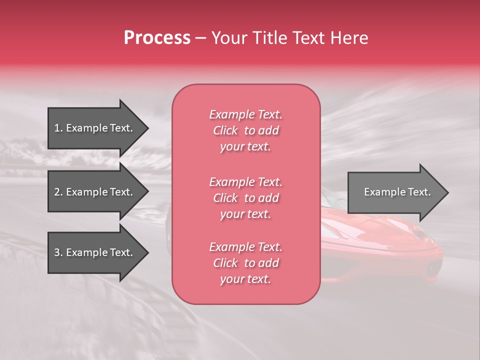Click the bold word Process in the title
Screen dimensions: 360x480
click(x=157, y=38)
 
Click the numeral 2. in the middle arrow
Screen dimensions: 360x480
click(x=58, y=192)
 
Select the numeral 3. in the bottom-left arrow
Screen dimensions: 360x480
click(x=58, y=252)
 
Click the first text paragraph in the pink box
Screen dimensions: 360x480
click(x=245, y=130)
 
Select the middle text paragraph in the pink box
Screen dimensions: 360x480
click(x=245, y=198)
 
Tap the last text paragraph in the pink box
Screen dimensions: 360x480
click(x=245, y=263)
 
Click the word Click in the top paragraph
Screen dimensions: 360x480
click(x=225, y=130)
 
